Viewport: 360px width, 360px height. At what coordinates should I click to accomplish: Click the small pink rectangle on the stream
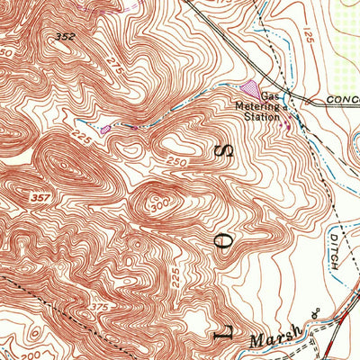coord(105,130)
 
